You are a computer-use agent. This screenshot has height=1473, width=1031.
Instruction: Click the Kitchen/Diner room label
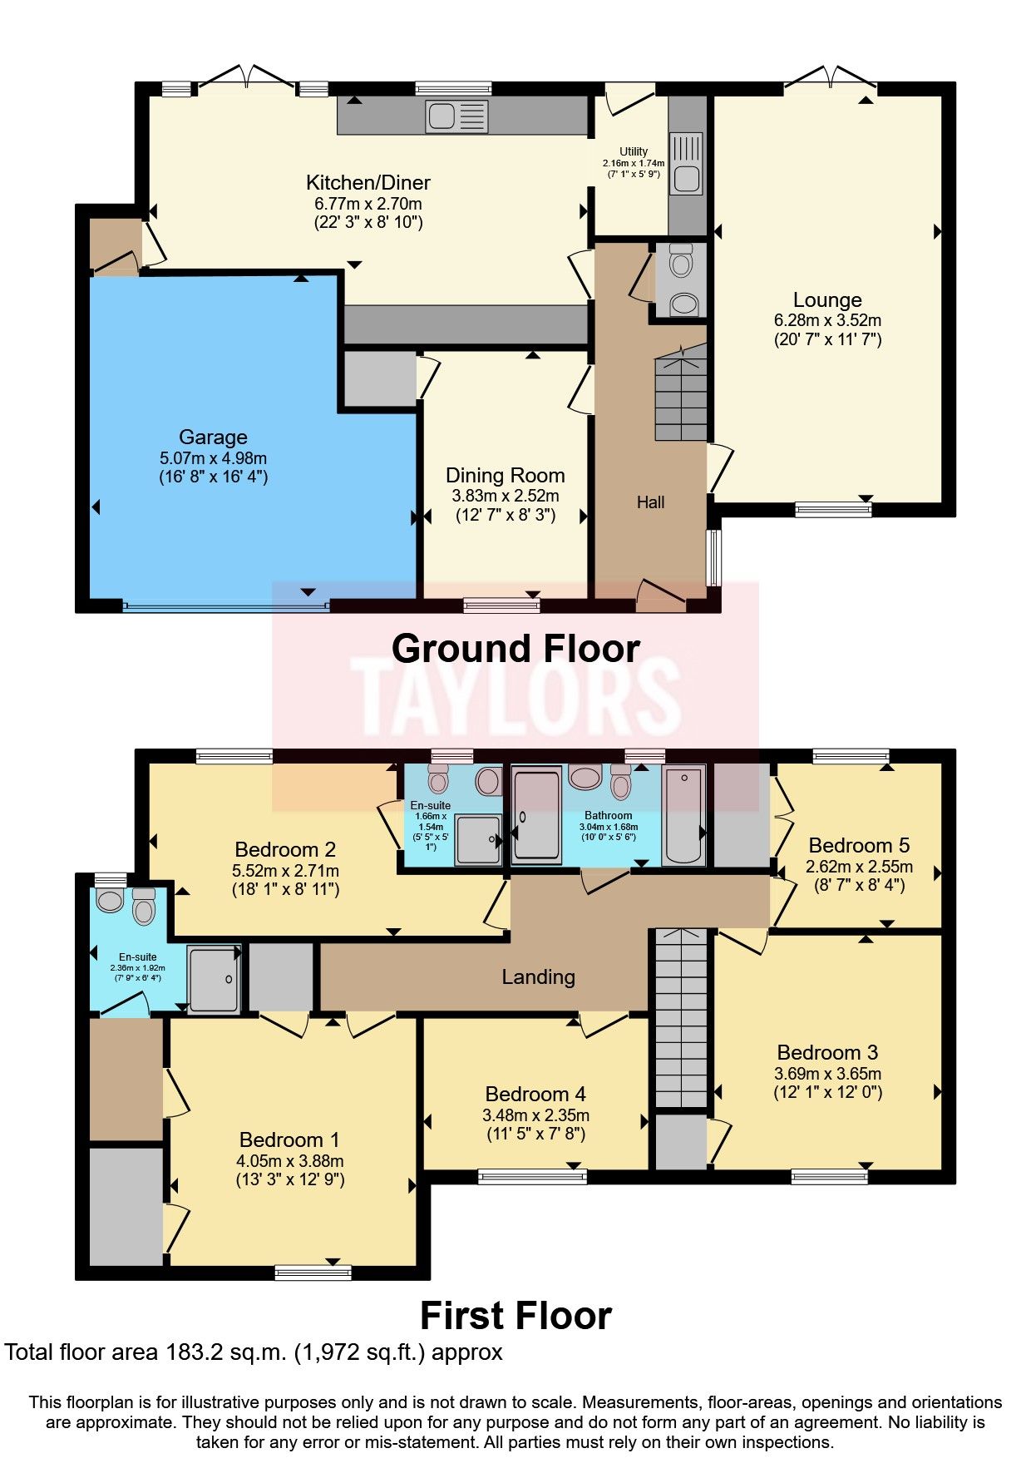(x=368, y=183)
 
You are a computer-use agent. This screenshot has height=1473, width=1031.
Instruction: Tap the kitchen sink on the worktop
(x=456, y=116)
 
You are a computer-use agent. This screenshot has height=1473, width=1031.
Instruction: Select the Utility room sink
(x=687, y=178)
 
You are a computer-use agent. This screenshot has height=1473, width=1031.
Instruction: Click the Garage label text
(x=213, y=437)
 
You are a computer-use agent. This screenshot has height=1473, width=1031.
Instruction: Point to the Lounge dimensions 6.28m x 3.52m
(x=827, y=320)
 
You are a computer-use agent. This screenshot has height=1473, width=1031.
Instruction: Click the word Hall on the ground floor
(x=650, y=502)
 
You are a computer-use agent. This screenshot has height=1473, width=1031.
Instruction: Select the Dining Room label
(x=505, y=476)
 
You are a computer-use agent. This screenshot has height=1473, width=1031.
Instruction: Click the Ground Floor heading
(x=515, y=649)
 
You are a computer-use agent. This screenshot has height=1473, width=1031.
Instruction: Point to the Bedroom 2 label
(x=285, y=850)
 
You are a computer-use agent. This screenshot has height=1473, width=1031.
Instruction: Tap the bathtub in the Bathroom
(x=683, y=817)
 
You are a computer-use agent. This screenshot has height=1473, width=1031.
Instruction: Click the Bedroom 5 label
(x=859, y=846)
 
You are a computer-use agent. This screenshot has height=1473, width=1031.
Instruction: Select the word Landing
(x=538, y=977)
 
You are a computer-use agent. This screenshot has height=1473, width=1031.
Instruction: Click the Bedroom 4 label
(x=535, y=1095)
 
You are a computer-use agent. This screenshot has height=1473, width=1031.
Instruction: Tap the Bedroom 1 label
(x=289, y=1140)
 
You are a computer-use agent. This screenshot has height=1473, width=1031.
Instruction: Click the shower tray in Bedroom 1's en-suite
(x=214, y=979)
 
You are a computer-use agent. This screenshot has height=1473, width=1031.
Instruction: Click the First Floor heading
(x=515, y=1317)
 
